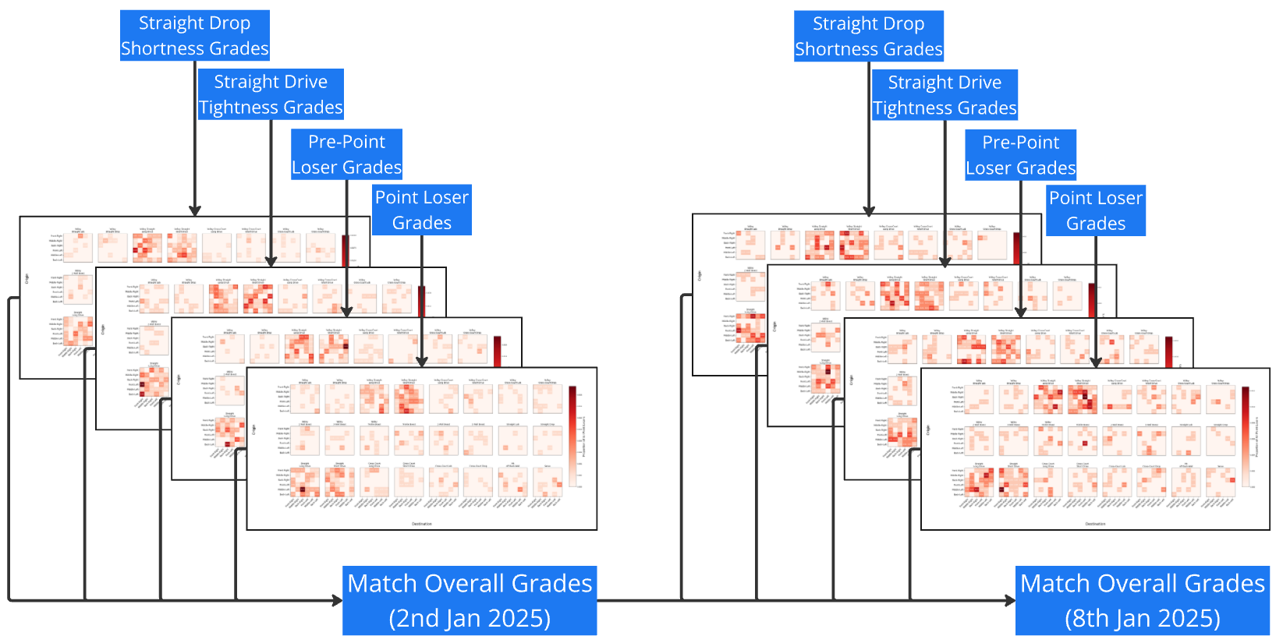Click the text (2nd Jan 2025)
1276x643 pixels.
[x=470, y=618]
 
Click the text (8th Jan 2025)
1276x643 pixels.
[x=1142, y=618]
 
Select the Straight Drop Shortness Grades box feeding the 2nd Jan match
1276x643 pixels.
[x=195, y=36]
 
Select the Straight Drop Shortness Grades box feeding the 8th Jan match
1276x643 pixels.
[x=868, y=36]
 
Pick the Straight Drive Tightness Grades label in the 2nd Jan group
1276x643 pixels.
[x=271, y=94]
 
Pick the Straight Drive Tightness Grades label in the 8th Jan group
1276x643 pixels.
[x=944, y=95]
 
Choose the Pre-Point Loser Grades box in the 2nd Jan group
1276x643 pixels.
[x=346, y=154]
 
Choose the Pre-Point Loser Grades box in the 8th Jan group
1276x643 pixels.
[x=1020, y=155]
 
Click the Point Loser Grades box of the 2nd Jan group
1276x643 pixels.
[x=422, y=210]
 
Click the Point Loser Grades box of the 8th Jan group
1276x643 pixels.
[x=1095, y=210]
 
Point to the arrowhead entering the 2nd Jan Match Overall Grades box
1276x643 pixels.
[x=338, y=600]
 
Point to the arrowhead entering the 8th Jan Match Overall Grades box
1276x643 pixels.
[x=1010, y=600]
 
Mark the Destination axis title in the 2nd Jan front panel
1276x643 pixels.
[x=422, y=524]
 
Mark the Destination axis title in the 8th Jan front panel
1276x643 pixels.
[x=1095, y=524]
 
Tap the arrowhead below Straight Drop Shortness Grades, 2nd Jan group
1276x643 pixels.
[x=195, y=210]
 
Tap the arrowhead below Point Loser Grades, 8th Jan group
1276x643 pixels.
[x=1095, y=362]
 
